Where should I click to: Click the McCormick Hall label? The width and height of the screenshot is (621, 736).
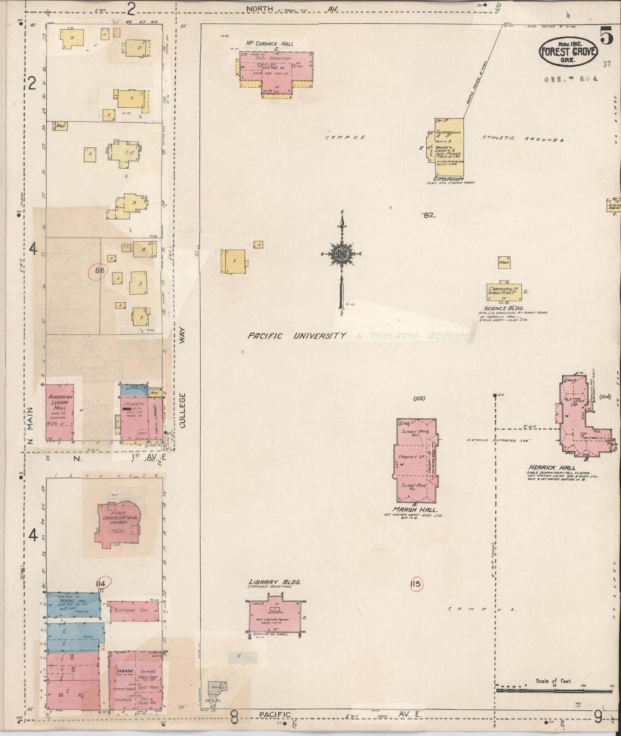(x=269, y=44)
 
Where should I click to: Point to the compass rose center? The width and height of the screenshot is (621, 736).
(x=343, y=254)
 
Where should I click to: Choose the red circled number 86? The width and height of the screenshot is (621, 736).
(x=99, y=271)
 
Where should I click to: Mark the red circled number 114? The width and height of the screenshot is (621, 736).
(x=103, y=582)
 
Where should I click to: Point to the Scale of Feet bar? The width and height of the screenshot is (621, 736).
(x=554, y=690)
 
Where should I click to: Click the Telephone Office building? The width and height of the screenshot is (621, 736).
(x=134, y=611)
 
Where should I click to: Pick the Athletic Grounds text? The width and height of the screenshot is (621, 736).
(x=522, y=139)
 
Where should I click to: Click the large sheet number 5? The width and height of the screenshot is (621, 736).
(x=606, y=36)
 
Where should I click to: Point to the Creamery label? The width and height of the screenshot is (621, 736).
(x=133, y=404)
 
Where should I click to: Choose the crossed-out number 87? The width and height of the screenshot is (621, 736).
(x=428, y=216)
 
